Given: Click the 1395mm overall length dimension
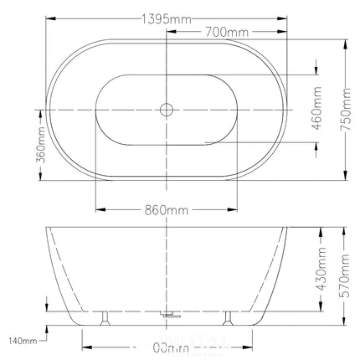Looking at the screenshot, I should tap(166, 18).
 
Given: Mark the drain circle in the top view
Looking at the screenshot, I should tap(166, 109).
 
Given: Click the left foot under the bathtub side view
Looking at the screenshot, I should tap(105, 317).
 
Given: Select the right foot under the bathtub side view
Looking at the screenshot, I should tap(227, 317).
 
